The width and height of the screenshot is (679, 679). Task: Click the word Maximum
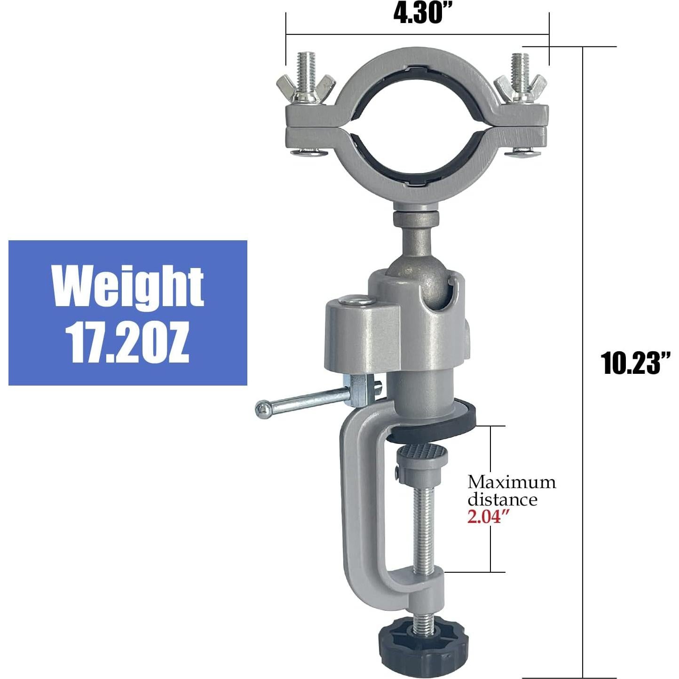[512, 482]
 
